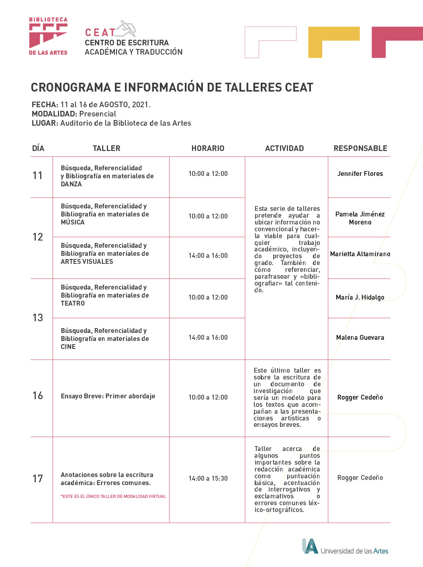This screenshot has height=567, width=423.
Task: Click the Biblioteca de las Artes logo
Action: point(48,36)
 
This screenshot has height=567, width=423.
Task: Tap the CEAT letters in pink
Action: point(100,33)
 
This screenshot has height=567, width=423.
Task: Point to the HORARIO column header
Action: point(208,148)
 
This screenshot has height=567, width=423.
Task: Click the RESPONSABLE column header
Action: point(360,148)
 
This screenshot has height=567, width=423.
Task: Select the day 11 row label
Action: point(38,175)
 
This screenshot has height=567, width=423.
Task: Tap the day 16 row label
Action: point(38,396)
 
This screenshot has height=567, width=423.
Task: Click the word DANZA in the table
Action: point(71,184)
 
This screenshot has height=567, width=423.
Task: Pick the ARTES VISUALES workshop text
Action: point(87,262)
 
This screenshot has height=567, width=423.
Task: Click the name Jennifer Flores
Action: point(360,173)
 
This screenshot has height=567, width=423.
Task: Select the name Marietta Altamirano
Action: point(360,254)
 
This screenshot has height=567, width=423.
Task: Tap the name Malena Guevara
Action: point(360,337)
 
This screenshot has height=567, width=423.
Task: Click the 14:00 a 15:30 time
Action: point(208,478)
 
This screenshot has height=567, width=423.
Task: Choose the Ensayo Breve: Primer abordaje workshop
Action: point(108,396)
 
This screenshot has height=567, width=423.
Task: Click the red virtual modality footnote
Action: point(113,496)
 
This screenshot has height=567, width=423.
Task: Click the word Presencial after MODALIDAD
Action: point(98,114)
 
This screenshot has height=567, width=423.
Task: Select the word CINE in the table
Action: point(68,347)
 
